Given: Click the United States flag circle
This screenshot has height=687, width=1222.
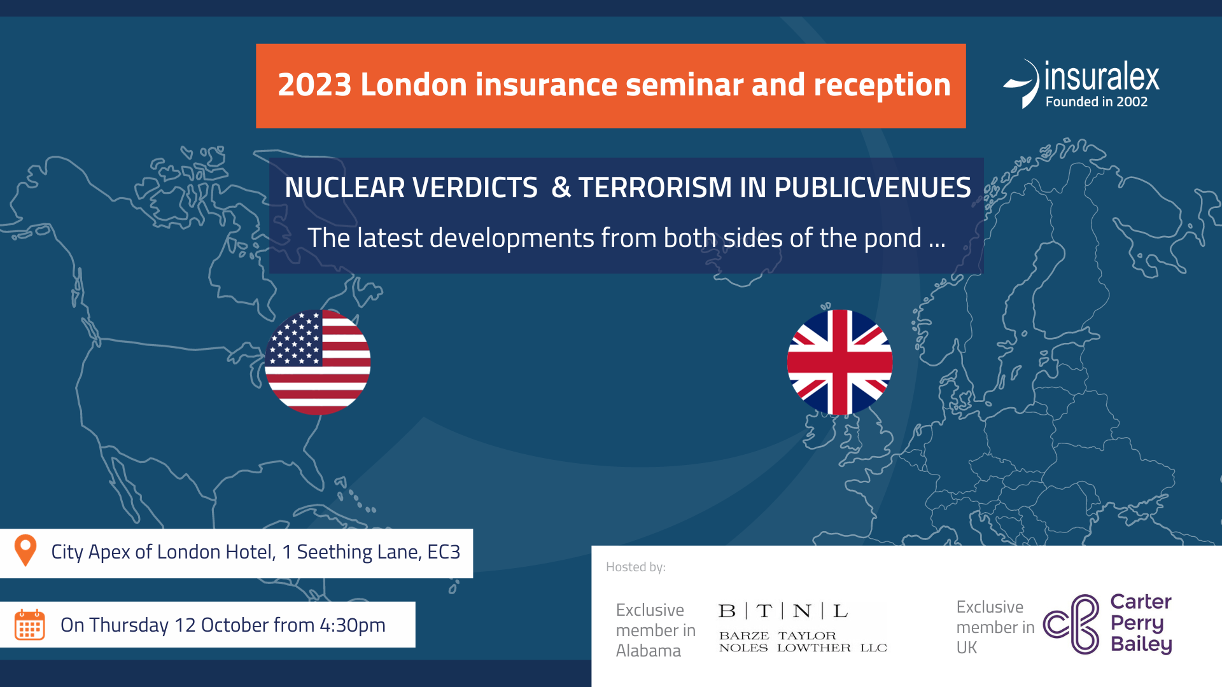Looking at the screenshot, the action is click(318, 362).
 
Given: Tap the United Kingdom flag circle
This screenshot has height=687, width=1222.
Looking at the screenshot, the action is click(839, 362).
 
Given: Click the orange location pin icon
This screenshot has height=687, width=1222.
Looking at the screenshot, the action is click(25, 550).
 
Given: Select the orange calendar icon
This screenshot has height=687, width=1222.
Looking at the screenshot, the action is click(29, 625).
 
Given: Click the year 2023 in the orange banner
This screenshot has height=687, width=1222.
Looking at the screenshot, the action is click(314, 85).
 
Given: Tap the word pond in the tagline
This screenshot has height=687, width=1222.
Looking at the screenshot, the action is click(892, 239).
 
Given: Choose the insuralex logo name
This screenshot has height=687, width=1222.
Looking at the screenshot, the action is click(1102, 77).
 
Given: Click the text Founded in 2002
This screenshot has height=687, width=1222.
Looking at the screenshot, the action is click(1097, 102).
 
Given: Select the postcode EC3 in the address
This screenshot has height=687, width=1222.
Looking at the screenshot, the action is click(444, 552).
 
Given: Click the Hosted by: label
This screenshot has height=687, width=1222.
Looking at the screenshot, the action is click(636, 567).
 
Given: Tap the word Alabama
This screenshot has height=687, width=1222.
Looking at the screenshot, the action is click(649, 651).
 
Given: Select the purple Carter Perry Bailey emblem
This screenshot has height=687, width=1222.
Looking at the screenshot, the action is click(1072, 624).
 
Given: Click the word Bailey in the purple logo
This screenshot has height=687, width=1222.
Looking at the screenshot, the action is click(1141, 644).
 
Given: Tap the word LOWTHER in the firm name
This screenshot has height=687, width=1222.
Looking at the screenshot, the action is click(814, 648).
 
